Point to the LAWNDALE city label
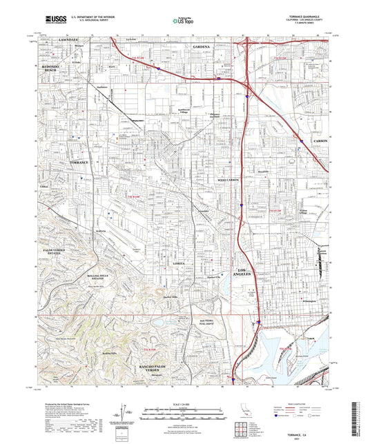pyautogui.click(x=54, y=41)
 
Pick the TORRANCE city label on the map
pyautogui.click(x=80, y=161)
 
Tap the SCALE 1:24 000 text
pyautogui.click(x=184, y=403)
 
